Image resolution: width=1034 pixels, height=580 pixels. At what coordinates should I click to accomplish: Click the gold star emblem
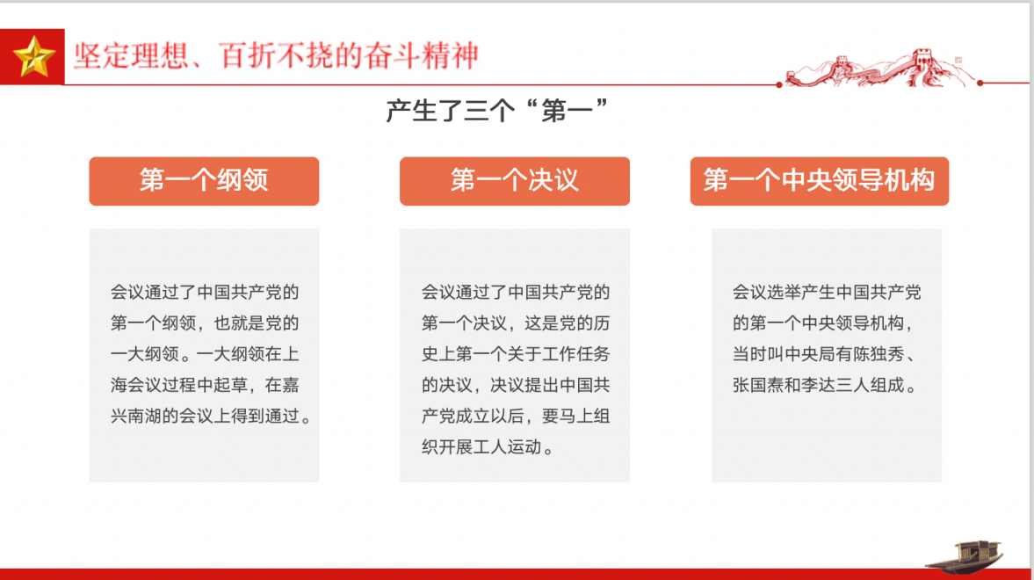tap(33, 57)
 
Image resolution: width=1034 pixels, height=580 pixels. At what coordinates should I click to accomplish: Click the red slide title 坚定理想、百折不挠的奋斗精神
tap(277, 55)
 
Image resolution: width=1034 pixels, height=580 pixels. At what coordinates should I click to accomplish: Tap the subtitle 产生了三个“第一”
tap(496, 110)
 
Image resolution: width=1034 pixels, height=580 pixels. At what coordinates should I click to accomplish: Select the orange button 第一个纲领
tap(204, 181)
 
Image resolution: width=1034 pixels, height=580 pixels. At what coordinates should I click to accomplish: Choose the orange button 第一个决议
tap(514, 181)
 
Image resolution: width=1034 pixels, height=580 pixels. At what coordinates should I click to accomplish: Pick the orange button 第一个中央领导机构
tap(819, 181)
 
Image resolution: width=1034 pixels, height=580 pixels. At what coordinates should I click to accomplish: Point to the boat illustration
tap(964, 556)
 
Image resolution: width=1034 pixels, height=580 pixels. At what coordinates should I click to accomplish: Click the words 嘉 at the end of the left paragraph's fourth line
tap(291, 385)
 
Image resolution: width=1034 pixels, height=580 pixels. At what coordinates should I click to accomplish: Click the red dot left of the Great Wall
tap(779, 84)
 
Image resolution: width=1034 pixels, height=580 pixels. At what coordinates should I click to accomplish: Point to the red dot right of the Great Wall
tap(980, 83)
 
